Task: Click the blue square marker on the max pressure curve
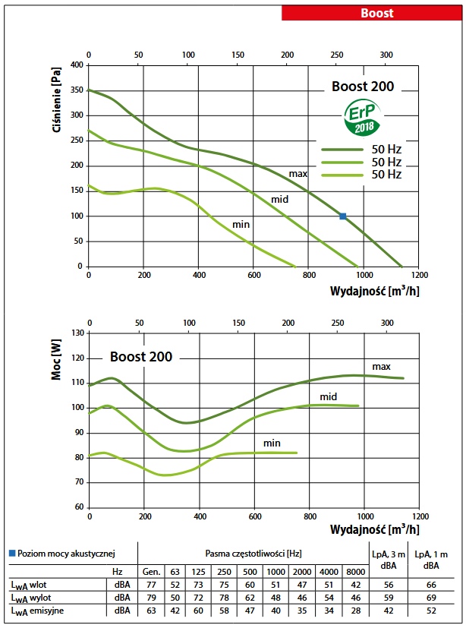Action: pos(343,216)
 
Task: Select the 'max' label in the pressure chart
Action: pos(298,174)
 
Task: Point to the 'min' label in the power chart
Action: pos(272,442)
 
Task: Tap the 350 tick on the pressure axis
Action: pos(77,90)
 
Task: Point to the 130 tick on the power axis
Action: pos(77,333)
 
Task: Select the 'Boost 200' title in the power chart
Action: pos(141,356)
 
